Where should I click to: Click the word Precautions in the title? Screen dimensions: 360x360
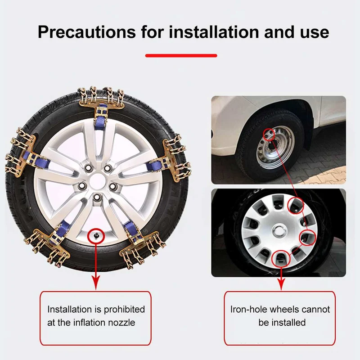pos(87,32)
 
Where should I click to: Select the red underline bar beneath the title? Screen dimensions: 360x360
pos(181,55)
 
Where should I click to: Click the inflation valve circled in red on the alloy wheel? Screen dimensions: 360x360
pos(96,235)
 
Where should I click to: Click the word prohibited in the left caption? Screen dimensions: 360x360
pos(124,310)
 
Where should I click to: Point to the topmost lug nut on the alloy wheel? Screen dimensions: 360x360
pos(108,168)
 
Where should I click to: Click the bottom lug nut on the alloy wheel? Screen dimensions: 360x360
pos(97,197)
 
